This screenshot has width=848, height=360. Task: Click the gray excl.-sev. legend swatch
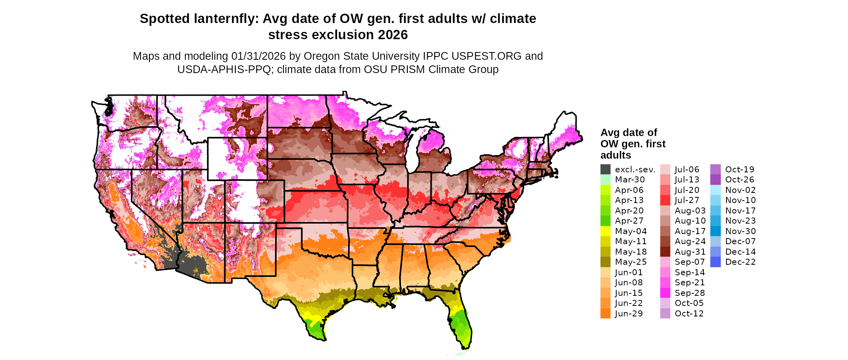click(605, 170)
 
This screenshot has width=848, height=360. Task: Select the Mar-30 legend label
click(630, 180)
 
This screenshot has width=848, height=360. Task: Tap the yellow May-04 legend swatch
click(605, 231)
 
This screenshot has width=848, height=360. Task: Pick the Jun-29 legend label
click(629, 314)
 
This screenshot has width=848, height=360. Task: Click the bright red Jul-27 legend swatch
click(665, 200)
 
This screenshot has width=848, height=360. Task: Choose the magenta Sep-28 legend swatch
click(665, 293)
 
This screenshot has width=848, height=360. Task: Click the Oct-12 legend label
click(689, 314)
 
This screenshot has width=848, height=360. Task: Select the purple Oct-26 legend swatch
click(715, 180)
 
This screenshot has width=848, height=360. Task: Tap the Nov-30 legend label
click(740, 231)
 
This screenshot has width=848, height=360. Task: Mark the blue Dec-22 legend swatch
click(715, 262)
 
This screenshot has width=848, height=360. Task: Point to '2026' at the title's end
click(393, 35)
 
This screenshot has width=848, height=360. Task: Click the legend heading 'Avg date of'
click(629, 132)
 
